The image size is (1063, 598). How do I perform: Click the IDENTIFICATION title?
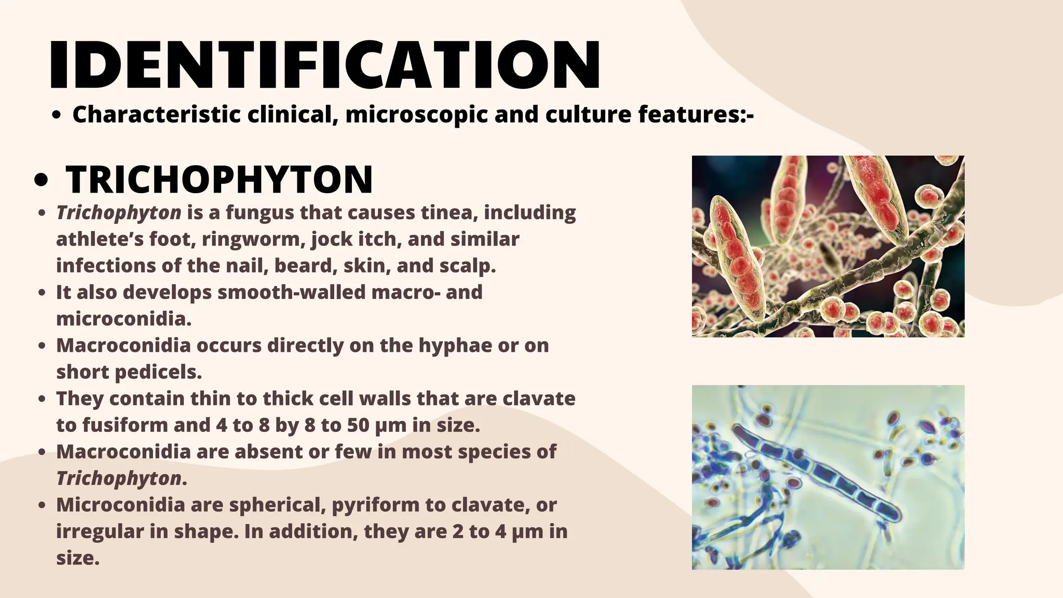pos(325,65)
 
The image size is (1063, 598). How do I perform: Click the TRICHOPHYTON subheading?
pos(219,180)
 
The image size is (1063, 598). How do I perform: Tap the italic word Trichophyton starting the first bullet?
pos(118,213)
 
